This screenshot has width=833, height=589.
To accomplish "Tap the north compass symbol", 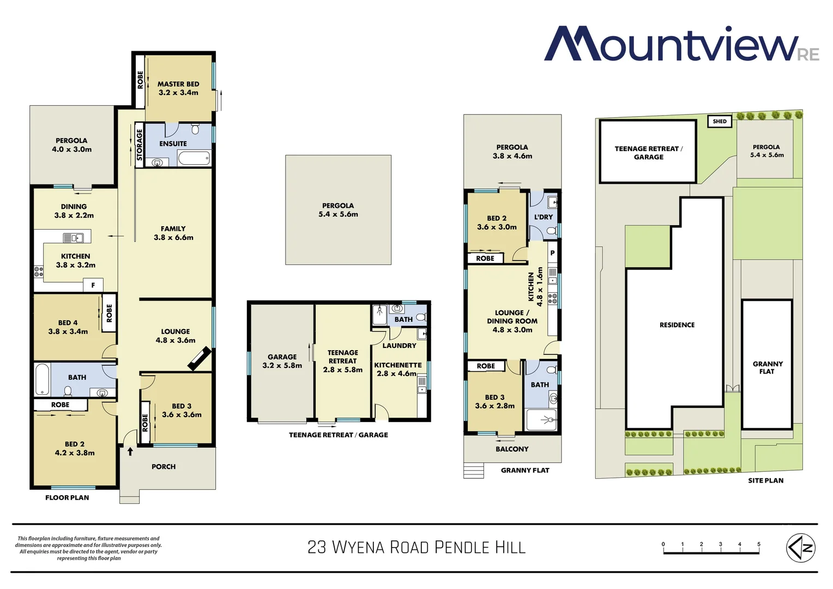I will point(800,548).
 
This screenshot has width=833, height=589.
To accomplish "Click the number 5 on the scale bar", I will point(758,544).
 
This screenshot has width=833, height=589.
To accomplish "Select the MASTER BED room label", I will point(178,88).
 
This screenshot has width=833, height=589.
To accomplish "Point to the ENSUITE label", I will point(173,144).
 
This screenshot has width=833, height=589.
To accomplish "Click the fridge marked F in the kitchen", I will point(93,285).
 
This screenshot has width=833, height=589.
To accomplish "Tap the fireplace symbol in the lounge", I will point(200,360).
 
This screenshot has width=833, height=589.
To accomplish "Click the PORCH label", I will point(164,467).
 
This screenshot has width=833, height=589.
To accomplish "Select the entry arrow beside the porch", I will point(130,452).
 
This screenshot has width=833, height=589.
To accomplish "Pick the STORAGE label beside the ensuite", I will point(140,145).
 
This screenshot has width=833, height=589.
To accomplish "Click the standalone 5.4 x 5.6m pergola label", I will point(338,210).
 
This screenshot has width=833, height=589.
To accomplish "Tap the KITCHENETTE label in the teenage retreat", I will point(398,365).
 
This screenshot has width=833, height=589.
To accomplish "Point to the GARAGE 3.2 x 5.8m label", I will point(282,361).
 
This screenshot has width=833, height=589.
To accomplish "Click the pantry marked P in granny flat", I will point(552,253).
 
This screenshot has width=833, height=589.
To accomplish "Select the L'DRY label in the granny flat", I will point(544,217).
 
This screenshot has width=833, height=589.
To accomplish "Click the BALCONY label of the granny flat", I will point(512,449).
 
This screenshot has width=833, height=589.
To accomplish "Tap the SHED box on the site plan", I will point(720,121).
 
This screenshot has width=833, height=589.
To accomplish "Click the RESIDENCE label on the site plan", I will point(677,325).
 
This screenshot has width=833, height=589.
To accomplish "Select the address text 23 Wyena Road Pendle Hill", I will point(417,548).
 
